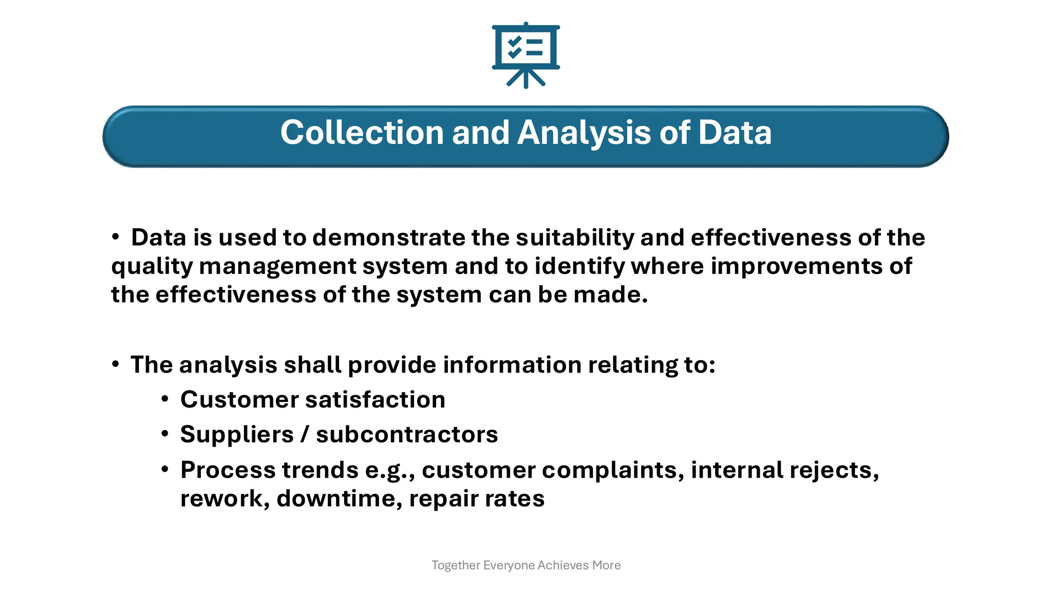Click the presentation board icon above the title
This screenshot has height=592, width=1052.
pos(525,54)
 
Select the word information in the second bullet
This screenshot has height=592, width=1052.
pos(512,365)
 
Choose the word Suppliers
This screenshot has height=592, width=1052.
pos(237,435)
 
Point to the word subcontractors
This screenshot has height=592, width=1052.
pos(407,435)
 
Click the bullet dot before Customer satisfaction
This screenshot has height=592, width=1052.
pos(165,399)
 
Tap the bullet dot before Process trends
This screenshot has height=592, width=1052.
pos(165,469)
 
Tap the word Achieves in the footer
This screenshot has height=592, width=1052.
pos(563,565)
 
